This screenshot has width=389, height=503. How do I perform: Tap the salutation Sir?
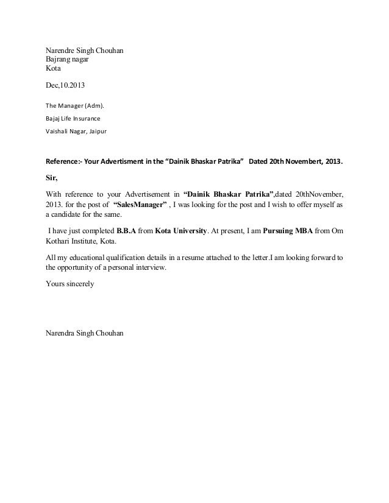tap(51, 178)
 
